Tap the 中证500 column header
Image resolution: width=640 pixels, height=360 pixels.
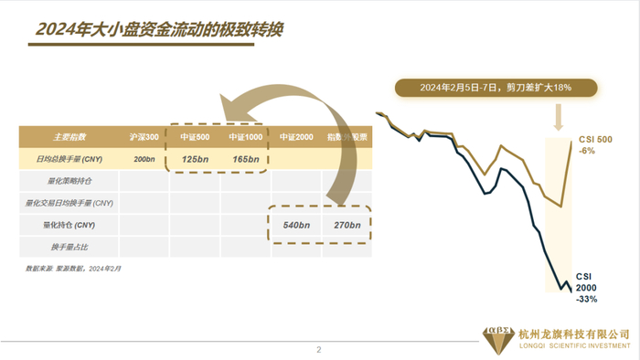click(x=194, y=137)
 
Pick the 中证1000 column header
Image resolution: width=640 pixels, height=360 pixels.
click(x=244, y=137)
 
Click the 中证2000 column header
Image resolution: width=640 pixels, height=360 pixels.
click(x=296, y=137)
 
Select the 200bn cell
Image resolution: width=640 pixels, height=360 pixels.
click(x=144, y=159)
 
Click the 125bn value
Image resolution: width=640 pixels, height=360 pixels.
click(x=194, y=159)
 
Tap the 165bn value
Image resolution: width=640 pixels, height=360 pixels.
click(x=244, y=159)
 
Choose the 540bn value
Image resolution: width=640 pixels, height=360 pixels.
click(x=296, y=224)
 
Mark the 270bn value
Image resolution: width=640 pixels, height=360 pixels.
click(x=347, y=224)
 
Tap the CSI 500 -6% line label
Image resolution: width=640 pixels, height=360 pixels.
click(x=593, y=144)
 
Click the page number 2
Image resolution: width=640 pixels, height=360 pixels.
click(x=319, y=349)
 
